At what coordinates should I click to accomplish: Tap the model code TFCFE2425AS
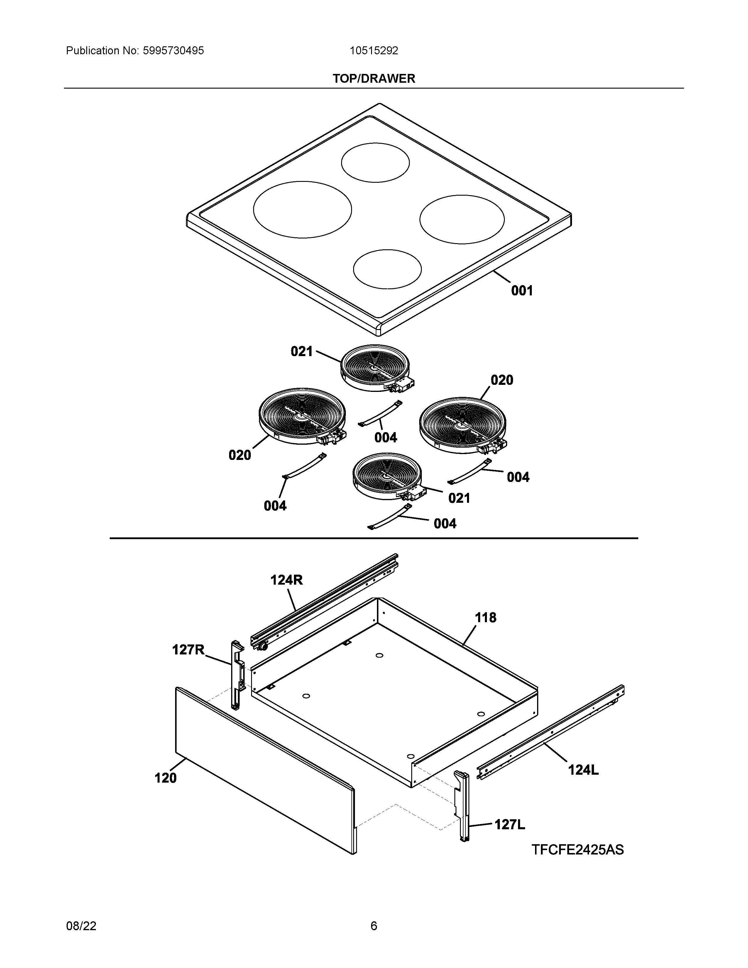pyautogui.click(x=577, y=850)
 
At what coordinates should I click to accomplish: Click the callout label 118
pyautogui.click(x=486, y=617)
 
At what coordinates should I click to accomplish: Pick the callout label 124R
pyautogui.click(x=286, y=580)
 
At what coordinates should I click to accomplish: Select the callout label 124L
pyautogui.click(x=583, y=770)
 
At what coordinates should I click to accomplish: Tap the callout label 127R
pyautogui.click(x=188, y=650)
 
